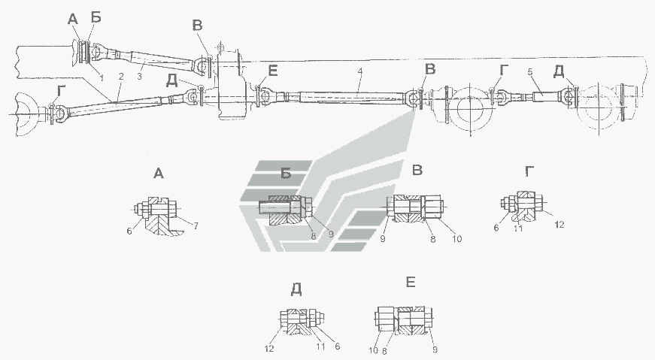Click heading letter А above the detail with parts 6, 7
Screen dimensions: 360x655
click(157, 174)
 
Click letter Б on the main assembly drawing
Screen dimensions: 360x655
click(96, 17)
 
